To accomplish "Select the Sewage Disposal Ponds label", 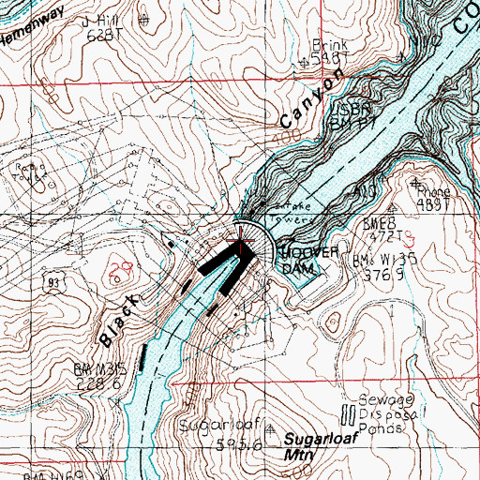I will [x=381, y=412].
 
